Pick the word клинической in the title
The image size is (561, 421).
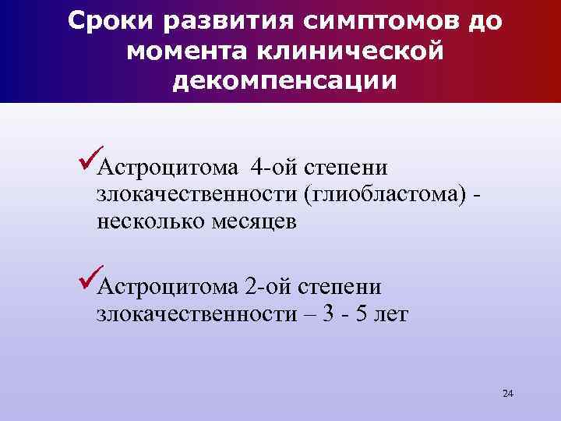coord(354,51)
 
